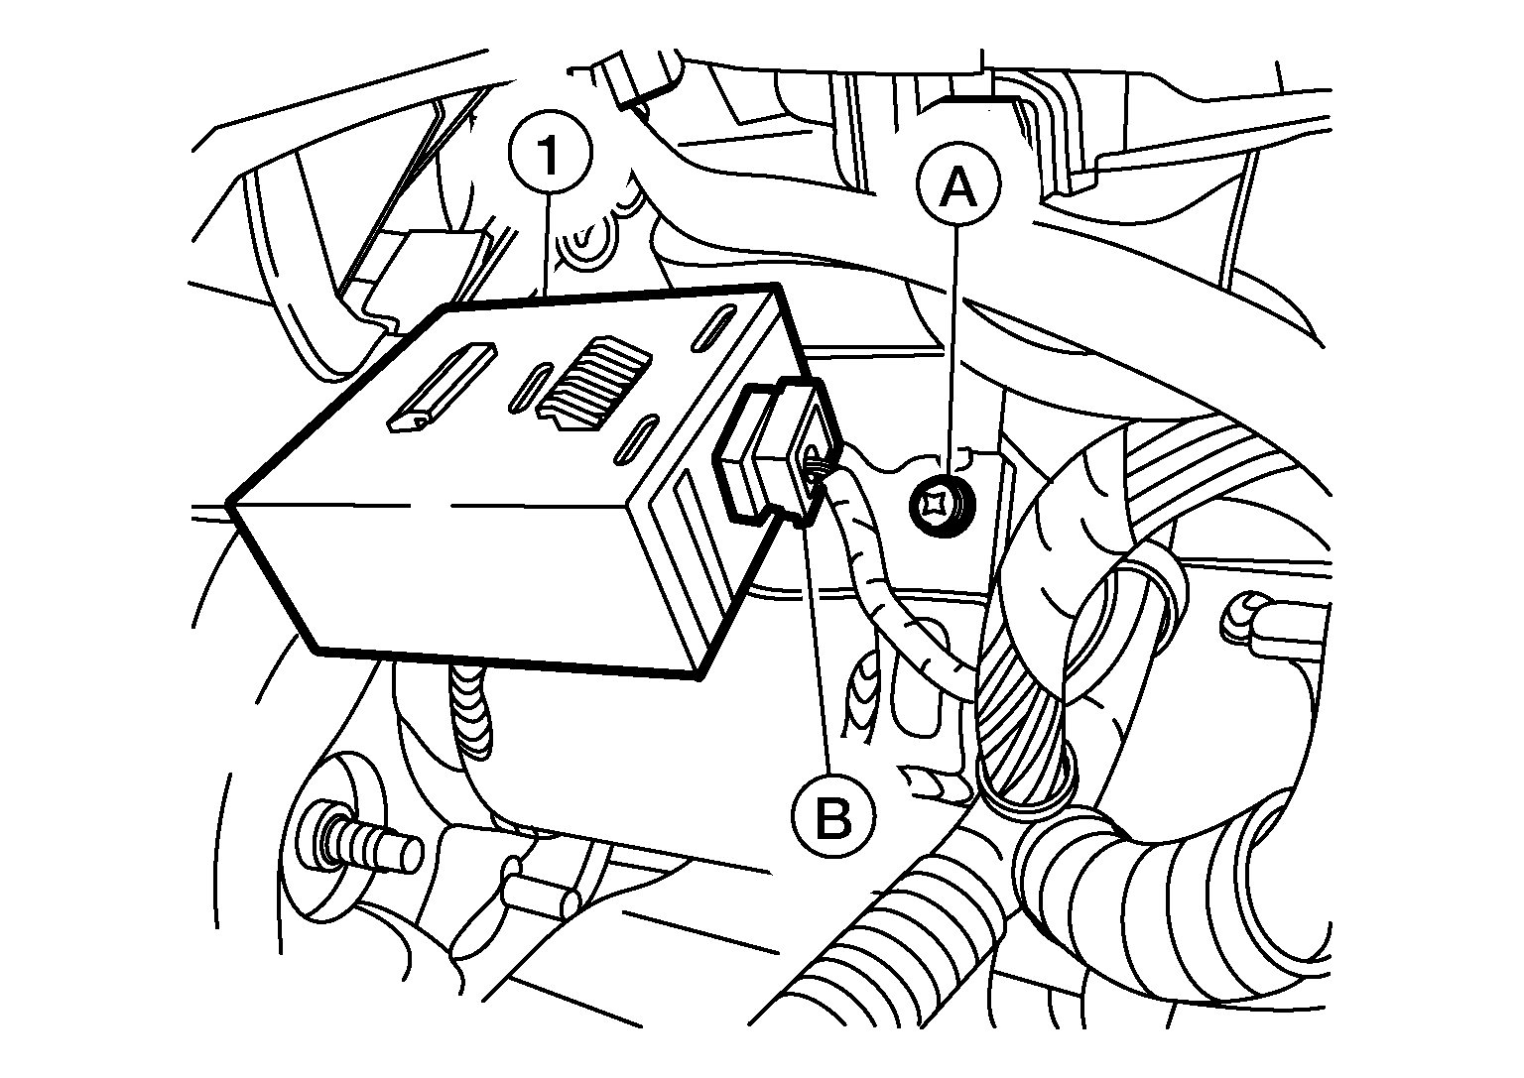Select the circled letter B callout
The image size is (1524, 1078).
832,815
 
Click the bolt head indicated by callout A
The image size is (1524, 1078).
942,505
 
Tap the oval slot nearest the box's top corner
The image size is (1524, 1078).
713,328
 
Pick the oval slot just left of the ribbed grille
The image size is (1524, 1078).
531,388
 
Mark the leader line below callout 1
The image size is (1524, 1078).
547,244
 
